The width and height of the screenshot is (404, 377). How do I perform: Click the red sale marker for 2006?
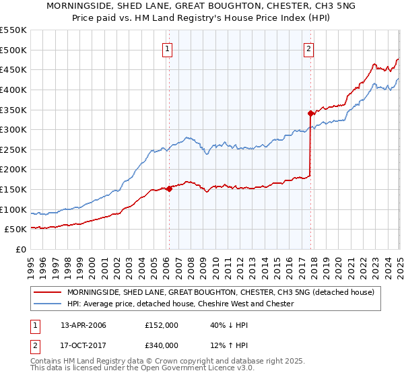[x=169, y=188]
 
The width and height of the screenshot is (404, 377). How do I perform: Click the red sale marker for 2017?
[x=310, y=113]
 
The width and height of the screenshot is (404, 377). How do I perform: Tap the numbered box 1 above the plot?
[x=166, y=48]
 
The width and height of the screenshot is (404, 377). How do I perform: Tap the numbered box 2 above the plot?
[x=308, y=48]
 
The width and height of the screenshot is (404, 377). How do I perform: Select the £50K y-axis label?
[x=15, y=230]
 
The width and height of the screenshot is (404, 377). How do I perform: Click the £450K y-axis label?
[x=13, y=69]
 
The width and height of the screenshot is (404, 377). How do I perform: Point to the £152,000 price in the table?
[x=161, y=325]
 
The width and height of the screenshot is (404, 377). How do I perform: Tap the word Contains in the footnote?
[x=47, y=362]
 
